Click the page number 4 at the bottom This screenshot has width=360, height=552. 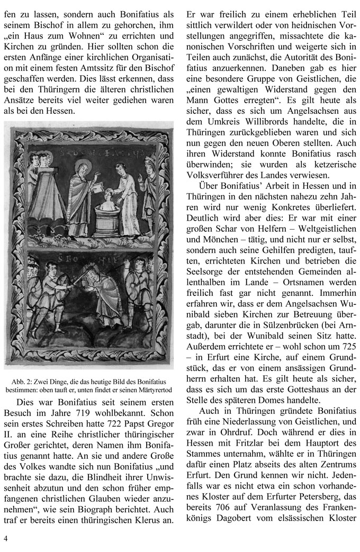click(5, 539)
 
